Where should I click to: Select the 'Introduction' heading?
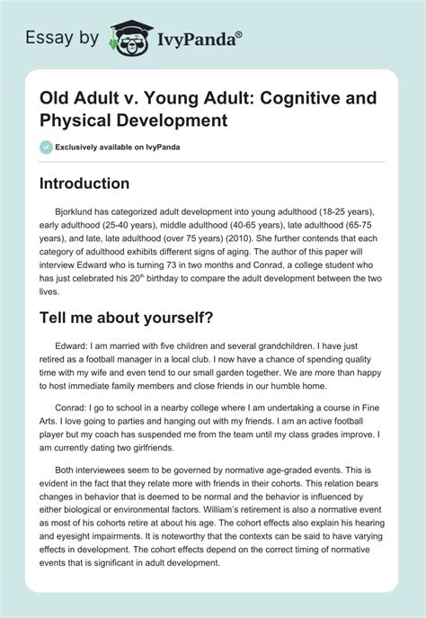click(x=84, y=184)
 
